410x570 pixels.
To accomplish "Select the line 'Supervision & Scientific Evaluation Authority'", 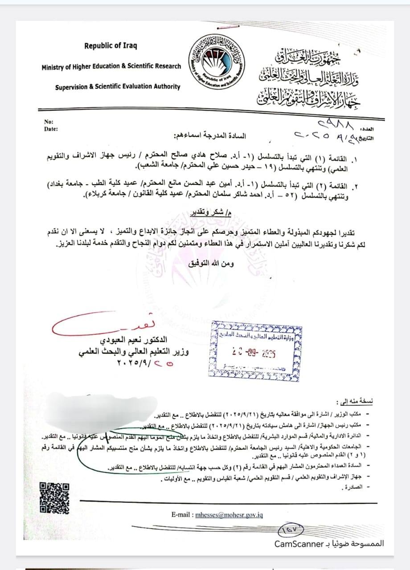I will tap(118, 87).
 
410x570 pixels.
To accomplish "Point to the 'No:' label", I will tap(49, 122).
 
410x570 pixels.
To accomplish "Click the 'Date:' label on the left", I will tap(51, 129).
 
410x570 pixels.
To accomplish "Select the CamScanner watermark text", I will tap(329, 544).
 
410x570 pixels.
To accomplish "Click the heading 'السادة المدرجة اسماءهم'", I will tap(212, 134).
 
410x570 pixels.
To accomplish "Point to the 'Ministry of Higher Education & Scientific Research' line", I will tap(111, 66).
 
